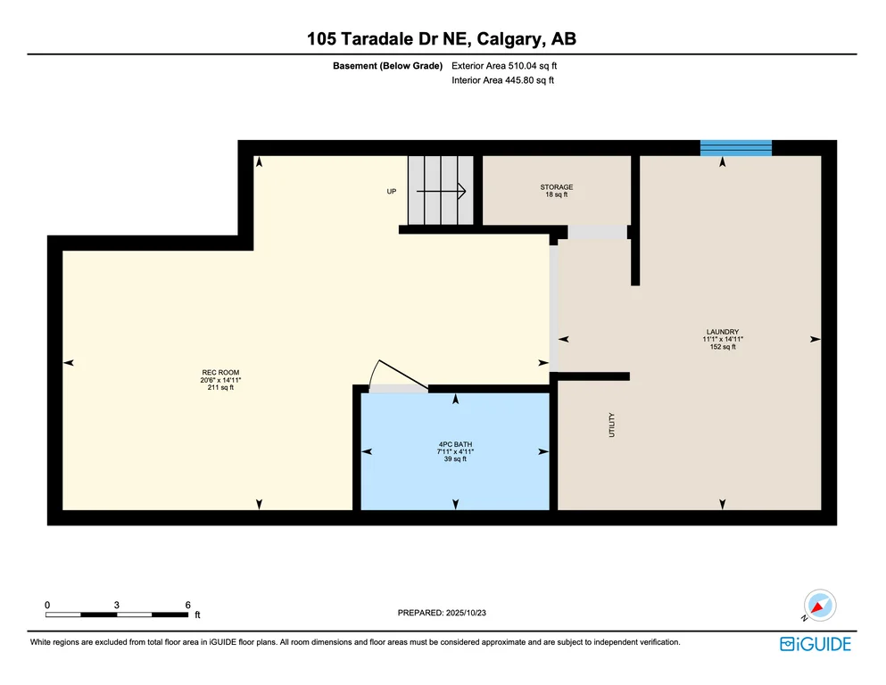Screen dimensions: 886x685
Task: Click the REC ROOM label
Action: coord(220,373)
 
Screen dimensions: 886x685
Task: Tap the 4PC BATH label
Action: coord(455,444)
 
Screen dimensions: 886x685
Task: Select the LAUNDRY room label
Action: coord(723,332)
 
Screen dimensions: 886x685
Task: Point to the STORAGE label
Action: coord(557,187)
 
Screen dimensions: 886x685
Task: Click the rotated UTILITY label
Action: coord(611,425)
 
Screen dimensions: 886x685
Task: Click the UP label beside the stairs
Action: coord(392,192)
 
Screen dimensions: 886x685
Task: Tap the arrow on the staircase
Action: coord(442,192)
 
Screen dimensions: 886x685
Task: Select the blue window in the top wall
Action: coord(736,148)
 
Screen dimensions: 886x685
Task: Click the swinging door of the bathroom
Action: coord(403,374)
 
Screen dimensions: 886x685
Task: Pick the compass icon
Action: coord(819,606)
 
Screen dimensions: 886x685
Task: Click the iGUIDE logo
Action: coord(816,644)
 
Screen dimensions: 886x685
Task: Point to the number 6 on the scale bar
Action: coord(188,605)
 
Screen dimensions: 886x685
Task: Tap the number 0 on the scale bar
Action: coord(47,605)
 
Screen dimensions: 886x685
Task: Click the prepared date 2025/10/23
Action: coord(466,613)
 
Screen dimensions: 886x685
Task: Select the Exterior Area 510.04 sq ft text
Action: coord(504,65)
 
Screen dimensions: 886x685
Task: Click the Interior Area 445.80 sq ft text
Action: coord(503,80)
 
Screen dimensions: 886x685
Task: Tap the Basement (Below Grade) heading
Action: coord(387,65)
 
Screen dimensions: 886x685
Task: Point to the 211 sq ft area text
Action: coord(220,387)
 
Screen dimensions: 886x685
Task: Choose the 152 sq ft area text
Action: coord(723,347)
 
